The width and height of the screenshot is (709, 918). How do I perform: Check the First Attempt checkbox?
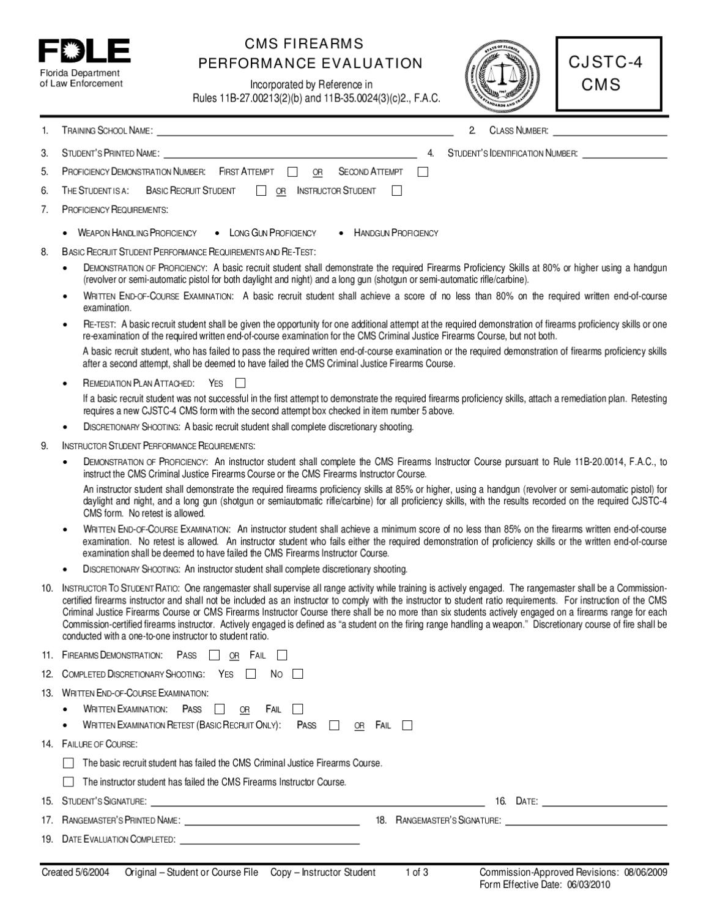292,172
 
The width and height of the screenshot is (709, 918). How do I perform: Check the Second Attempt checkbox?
423,172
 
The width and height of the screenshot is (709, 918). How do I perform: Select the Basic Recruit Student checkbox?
261,190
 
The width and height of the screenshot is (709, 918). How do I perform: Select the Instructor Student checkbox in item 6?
396,190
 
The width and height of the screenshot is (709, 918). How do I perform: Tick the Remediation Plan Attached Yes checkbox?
240,383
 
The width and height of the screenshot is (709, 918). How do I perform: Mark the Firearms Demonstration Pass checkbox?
214,655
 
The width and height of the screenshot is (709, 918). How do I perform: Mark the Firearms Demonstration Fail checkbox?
282,655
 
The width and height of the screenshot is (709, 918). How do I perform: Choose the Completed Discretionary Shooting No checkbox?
297,674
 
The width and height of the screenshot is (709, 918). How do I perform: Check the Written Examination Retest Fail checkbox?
407,725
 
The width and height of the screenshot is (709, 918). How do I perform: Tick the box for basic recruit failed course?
69,763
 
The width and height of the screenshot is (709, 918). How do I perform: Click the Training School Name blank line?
305,132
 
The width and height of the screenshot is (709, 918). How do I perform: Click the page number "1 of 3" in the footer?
417,872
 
